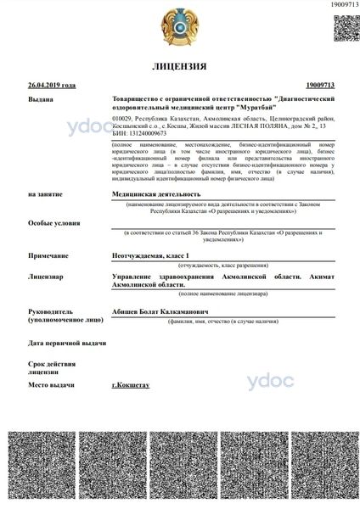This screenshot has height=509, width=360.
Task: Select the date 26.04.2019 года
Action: click(x=52, y=86)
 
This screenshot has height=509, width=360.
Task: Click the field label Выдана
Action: click(x=40, y=100)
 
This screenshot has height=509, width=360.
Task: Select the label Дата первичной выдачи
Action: click(x=67, y=343)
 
